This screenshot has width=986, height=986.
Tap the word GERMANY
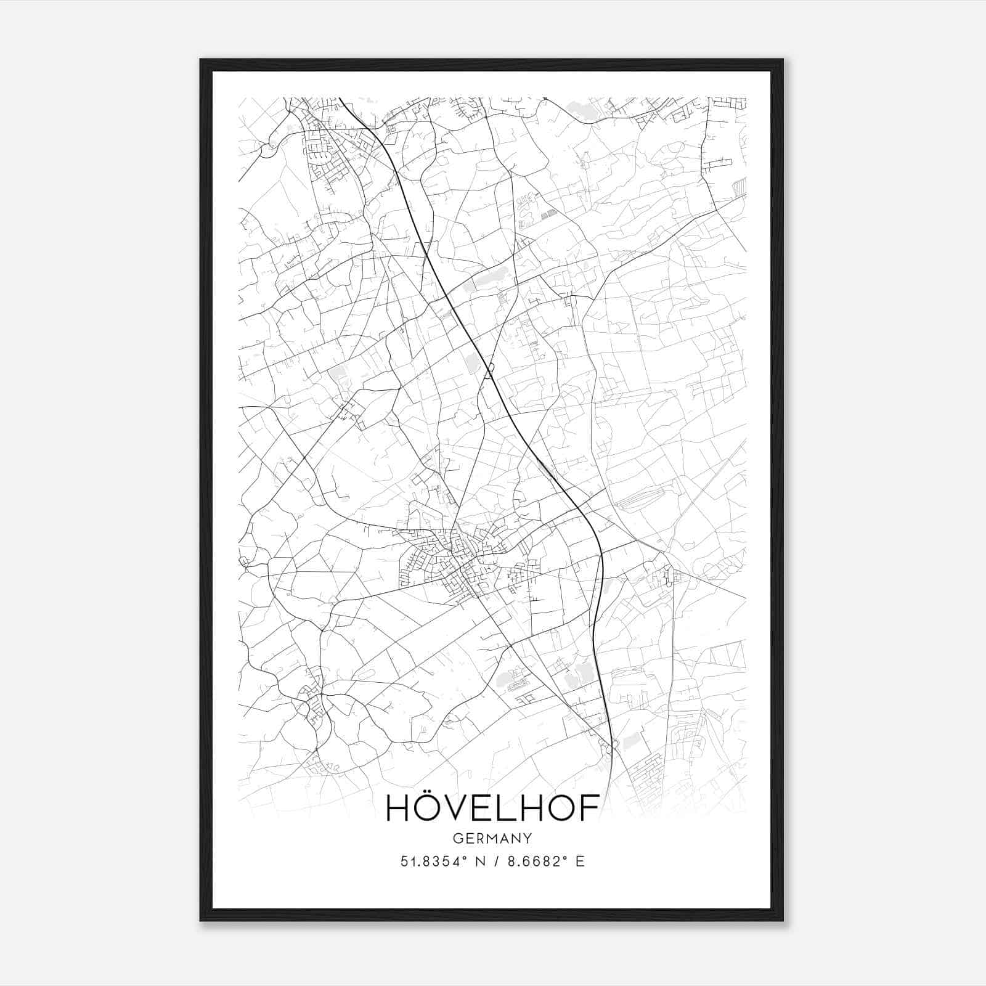click(x=492, y=839)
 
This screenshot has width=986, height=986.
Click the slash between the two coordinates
click(x=495, y=862)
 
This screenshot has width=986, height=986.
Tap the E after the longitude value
click(x=579, y=862)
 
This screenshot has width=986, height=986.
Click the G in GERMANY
click(x=457, y=839)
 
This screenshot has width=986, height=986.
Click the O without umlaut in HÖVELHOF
click(x=563, y=809)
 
